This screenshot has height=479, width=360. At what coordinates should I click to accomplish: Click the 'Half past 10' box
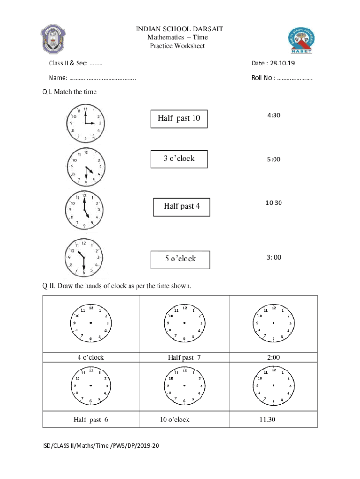click(x=179, y=119)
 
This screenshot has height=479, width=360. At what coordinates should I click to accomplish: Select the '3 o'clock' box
click(x=179, y=159)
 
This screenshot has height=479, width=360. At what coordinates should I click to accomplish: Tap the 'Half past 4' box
click(x=182, y=206)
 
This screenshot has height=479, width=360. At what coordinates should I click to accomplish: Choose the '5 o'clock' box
click(x=180, y=259)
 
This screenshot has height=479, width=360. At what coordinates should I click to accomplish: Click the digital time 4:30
click(x=274, y=115)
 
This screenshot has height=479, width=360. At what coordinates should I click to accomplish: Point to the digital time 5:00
click(x=274, y=159)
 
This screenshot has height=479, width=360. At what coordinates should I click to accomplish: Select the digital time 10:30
click(x=274, y=203)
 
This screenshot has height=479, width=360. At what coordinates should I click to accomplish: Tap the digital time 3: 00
click(x=274, y=257)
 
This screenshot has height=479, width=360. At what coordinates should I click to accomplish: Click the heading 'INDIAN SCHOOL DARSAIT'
click(x=179, y=29)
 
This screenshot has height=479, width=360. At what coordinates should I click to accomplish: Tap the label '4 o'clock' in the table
click(x=91, y=357)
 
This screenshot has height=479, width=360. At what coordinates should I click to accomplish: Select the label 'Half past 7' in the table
click(x=184, y=357)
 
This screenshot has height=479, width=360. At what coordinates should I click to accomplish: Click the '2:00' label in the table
click(x=274, y=357)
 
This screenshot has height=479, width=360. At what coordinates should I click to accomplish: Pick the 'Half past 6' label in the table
click(x=91, y=420)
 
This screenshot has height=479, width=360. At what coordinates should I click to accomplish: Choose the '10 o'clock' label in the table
click(x=174, y=420)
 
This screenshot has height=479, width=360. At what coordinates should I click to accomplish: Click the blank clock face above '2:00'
click(x=274, y=323)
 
